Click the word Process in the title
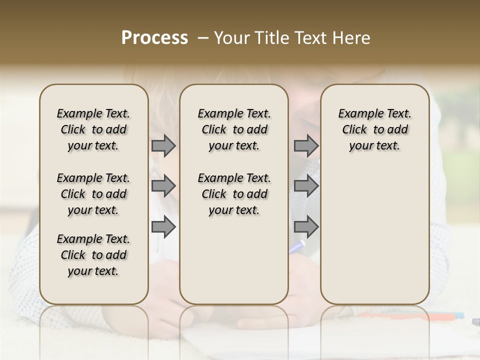pos(154,38)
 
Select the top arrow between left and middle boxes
pos(163,145)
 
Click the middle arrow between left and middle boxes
pos(163,186)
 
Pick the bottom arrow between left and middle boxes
pos(163,227)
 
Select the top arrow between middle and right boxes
pos(306,145)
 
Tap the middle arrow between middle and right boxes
pos(306,186)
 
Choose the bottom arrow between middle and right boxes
pos(306,227)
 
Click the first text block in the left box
pos(93,129)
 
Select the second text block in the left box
pos(93,194)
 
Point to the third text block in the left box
pos(93,255)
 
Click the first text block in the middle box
pos(234,129)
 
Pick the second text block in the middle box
pos(234,194)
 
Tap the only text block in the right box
pos(374,129)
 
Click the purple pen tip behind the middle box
pos(298,245)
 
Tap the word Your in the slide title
pos(232,38)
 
